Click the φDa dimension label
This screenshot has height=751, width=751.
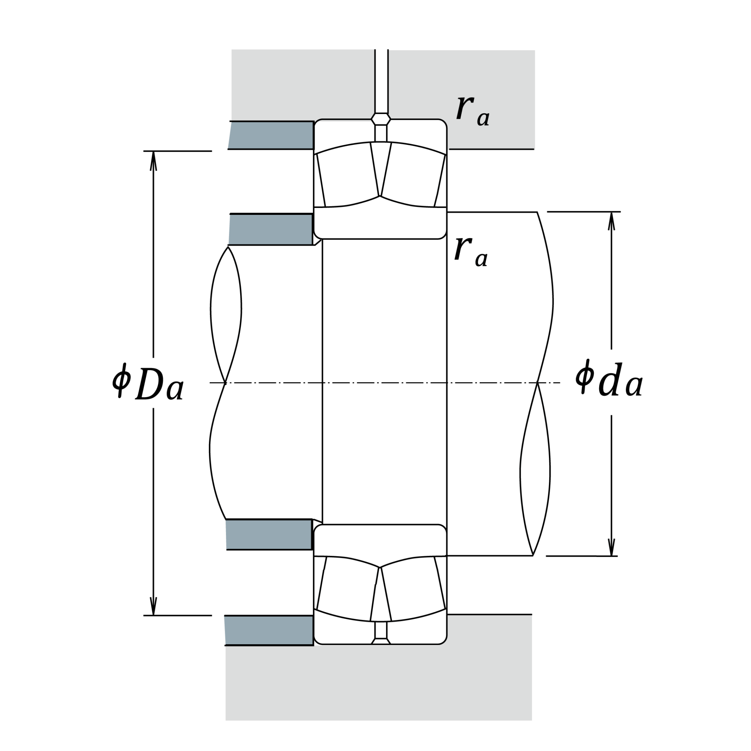coord(148,382)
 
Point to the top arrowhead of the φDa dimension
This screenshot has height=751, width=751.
coord(154,161)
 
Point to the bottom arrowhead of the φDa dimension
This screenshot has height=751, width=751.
coord(154,606)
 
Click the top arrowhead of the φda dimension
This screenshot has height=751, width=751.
coord(611,221)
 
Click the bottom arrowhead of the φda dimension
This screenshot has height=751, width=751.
coord(611,546)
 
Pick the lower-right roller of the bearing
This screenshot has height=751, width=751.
coord(413,588)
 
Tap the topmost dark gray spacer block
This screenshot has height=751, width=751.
coord(271,135)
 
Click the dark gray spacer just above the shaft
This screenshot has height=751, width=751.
coord(271,229)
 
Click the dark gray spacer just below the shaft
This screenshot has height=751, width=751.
coord(269,535)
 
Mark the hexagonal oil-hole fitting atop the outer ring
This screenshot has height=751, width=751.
coord(381,119)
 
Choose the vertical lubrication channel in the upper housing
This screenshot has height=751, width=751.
coord(381,81)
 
